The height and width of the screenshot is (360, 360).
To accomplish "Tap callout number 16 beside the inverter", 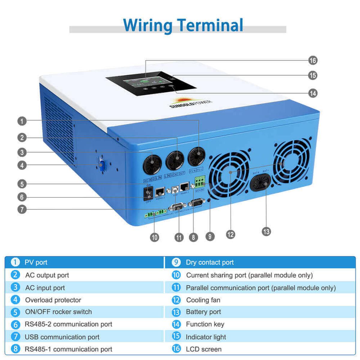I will click(x=313, y=61).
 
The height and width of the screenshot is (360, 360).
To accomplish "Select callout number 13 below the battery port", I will click(x=266, y=232).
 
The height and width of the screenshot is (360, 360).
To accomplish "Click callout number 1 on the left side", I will click(x=22, y=121).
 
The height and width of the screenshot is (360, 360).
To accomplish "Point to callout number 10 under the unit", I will click(x=154, y=238).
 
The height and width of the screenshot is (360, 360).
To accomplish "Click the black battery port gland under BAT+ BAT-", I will click(x=260, y=182).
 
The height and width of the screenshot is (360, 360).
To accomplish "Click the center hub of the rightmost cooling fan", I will click(x=291, y=163).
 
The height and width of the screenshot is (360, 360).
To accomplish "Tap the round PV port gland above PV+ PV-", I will click(x=196, y=157).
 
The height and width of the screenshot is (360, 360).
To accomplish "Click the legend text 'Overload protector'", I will click(x=53, y=300).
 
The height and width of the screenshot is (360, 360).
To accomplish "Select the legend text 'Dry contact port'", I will click(x=210, y=262).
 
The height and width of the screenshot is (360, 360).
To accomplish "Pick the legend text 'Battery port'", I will click(x=203, y=312).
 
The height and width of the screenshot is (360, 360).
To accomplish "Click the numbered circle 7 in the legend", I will click(x=15, y=337).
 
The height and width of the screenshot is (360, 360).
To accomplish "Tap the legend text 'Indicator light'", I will click(x=206, y=337).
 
